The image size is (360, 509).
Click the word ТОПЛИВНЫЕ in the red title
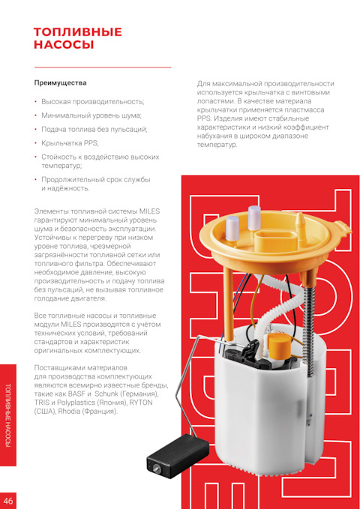click(78, 32)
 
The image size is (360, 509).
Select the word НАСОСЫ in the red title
click(64, 44)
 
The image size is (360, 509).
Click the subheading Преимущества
click(61, 83)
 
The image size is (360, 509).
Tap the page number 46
click(8, 501)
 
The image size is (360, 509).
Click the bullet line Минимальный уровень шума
click(91, 115)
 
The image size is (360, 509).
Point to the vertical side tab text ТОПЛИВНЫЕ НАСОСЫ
click(7, 415)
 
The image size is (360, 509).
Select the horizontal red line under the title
click(103, 67)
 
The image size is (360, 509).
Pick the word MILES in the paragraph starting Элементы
click(149, 211)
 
